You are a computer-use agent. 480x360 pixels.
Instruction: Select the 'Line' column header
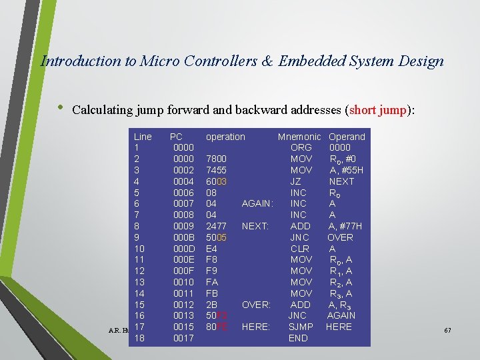[x=143, y=137]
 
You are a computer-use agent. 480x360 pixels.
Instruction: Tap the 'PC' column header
[x=177, y=137]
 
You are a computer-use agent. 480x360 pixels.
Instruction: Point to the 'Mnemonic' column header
[x=299, y=137]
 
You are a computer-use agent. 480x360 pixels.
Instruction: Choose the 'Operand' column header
[x=347, y=137]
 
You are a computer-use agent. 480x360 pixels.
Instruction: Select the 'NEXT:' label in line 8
[x=255, y=226]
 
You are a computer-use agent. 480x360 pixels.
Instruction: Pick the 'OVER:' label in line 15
[x=255, y=305]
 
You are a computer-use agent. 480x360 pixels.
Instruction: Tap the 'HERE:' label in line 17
[x=255, y=327]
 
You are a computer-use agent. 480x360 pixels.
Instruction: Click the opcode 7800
[x=216, y=159]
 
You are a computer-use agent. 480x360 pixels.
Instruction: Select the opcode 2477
[x=216, y=226]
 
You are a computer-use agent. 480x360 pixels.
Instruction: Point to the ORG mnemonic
[x=301, y=147]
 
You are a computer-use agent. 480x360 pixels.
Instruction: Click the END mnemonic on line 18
[x=298, y=338]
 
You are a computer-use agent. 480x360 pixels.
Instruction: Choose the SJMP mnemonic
[x=301, y=327]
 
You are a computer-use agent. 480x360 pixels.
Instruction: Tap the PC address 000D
[x=183, y=249]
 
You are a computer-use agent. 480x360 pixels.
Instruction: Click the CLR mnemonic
[x=300, y=249]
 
